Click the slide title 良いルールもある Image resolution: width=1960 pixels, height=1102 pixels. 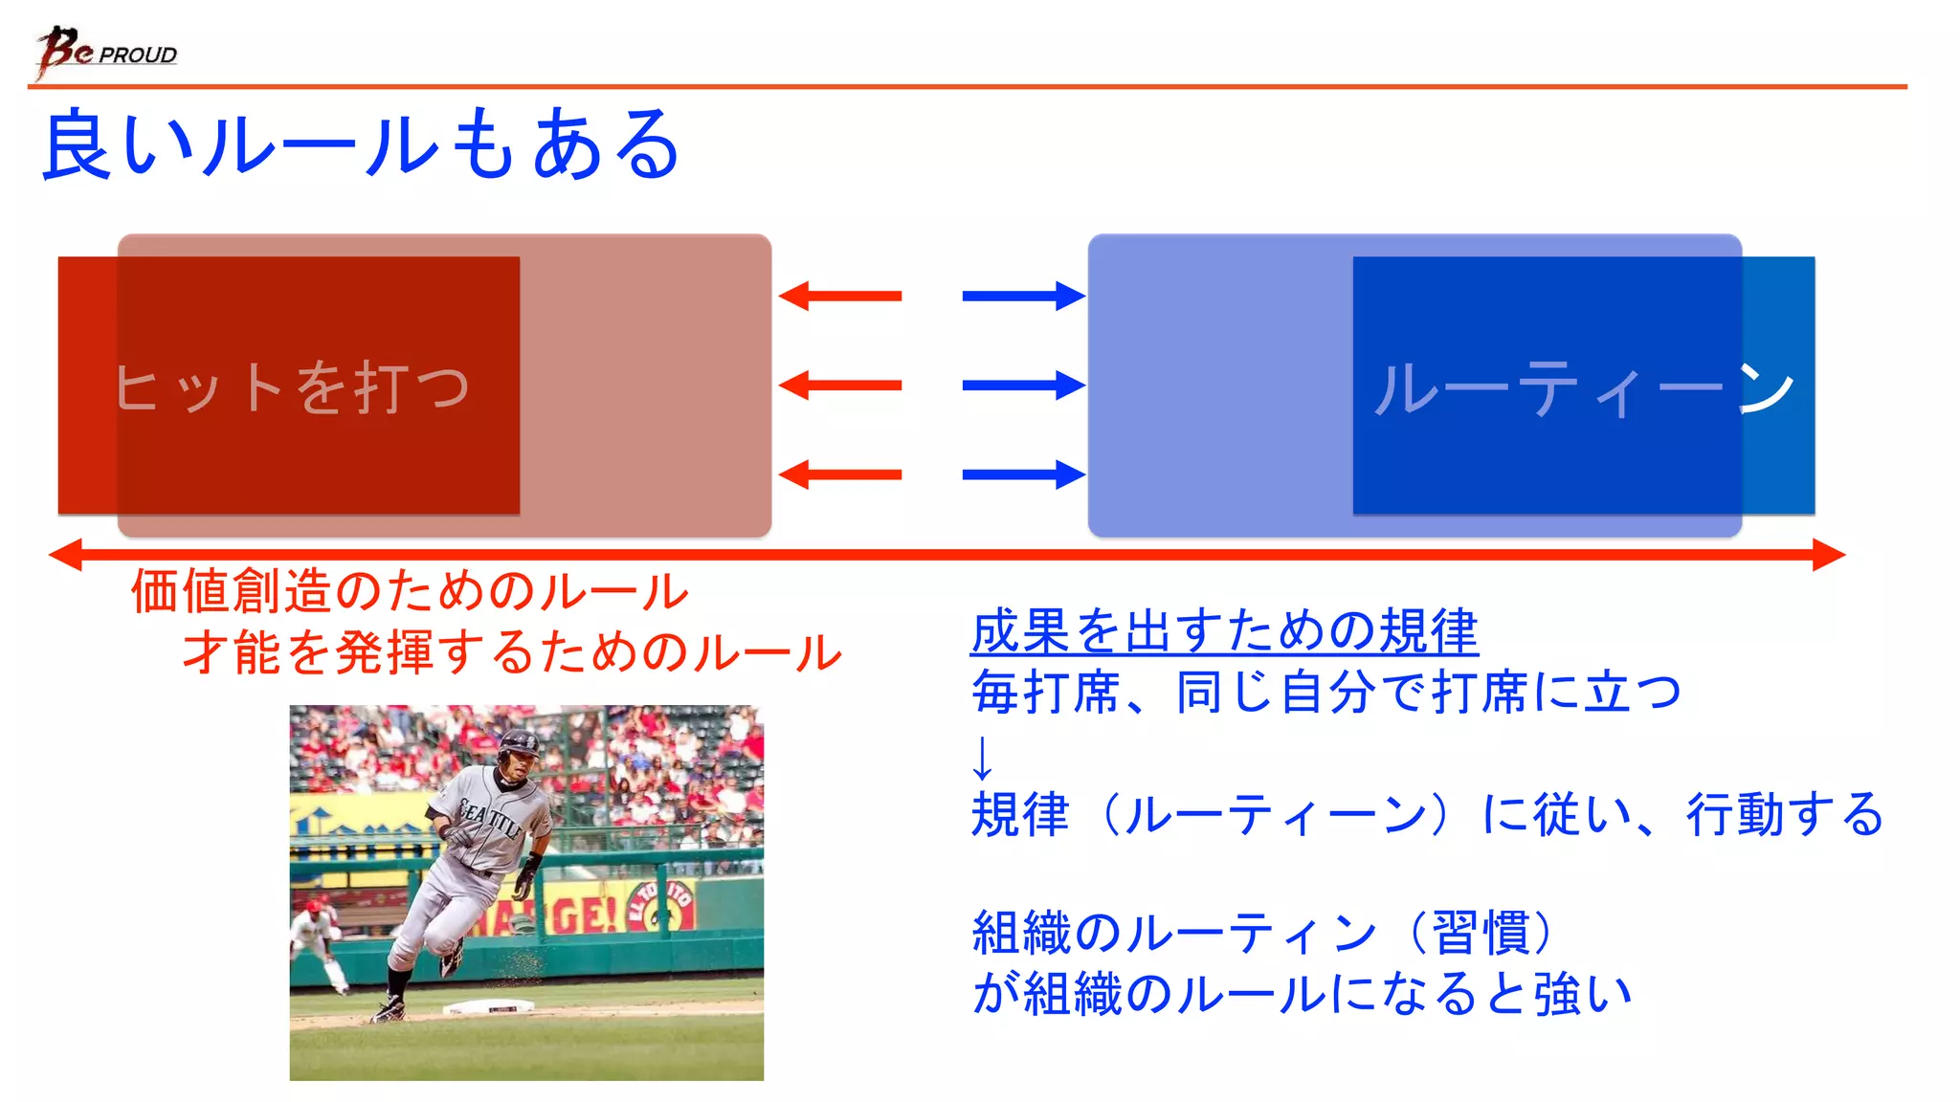click(x=362, y=145)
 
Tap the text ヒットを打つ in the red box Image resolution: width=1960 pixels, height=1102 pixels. click(x=293, y=387)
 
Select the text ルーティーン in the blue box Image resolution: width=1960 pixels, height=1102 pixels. click(x=1584, y=388)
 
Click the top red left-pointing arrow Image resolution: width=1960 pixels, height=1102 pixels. click(x=840, y=296)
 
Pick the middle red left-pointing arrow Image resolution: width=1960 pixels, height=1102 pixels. click(x=840, y=386)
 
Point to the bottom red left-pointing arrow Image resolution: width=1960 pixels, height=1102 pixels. click(x=840, y=474)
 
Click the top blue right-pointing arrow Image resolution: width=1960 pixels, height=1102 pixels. click(x=1023, y=296)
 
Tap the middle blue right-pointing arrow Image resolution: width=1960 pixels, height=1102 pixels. click(x=1023, y=386)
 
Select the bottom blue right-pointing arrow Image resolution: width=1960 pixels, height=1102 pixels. click(x=1023, y=474)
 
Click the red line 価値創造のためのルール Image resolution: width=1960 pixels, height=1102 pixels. click(x=410, y=591)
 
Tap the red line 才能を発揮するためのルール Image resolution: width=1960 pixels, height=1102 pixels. click(x=512, y=653)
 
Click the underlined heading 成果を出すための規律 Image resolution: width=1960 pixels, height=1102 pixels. click(x=1224, y=632)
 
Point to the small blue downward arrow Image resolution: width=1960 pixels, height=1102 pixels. click(x=982, y=758)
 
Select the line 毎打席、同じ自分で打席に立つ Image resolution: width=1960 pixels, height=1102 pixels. click(x=1325, y=693)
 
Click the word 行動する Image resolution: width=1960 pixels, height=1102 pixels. click(x=1785, y=815)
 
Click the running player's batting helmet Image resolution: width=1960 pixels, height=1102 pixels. click(x=519, y=742)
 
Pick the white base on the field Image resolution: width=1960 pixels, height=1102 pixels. click(x=489, y=1006)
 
